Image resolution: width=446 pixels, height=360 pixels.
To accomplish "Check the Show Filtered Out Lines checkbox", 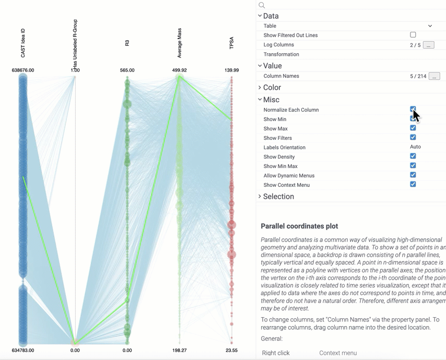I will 413,35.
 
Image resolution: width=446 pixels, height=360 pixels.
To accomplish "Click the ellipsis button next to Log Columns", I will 428,45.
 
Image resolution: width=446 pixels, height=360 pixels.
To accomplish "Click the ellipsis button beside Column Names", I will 434,76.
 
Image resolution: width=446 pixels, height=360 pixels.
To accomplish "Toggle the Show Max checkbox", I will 413,128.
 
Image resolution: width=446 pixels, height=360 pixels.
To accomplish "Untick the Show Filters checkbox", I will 413,137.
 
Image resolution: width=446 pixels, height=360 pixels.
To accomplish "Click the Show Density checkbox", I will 413,156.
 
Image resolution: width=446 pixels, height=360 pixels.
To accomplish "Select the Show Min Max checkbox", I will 413,165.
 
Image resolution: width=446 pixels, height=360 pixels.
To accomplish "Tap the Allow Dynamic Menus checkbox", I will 413,175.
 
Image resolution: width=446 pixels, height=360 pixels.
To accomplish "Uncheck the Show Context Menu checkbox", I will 413,184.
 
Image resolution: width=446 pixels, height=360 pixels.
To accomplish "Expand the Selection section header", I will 278,197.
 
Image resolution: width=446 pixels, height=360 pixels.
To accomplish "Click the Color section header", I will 272,88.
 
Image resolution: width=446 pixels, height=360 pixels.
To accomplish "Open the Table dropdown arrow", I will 430,26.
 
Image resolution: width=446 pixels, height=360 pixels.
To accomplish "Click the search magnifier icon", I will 262,5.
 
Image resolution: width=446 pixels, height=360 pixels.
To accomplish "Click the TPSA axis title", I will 231,43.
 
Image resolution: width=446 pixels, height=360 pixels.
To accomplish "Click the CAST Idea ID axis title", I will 23,43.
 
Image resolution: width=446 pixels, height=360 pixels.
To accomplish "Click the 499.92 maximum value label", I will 179,70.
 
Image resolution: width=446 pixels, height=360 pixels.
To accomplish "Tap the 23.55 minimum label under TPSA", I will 231,350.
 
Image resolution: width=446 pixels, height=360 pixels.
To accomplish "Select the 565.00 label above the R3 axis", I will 127,70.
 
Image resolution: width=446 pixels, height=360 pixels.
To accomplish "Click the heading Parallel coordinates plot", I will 299,226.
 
